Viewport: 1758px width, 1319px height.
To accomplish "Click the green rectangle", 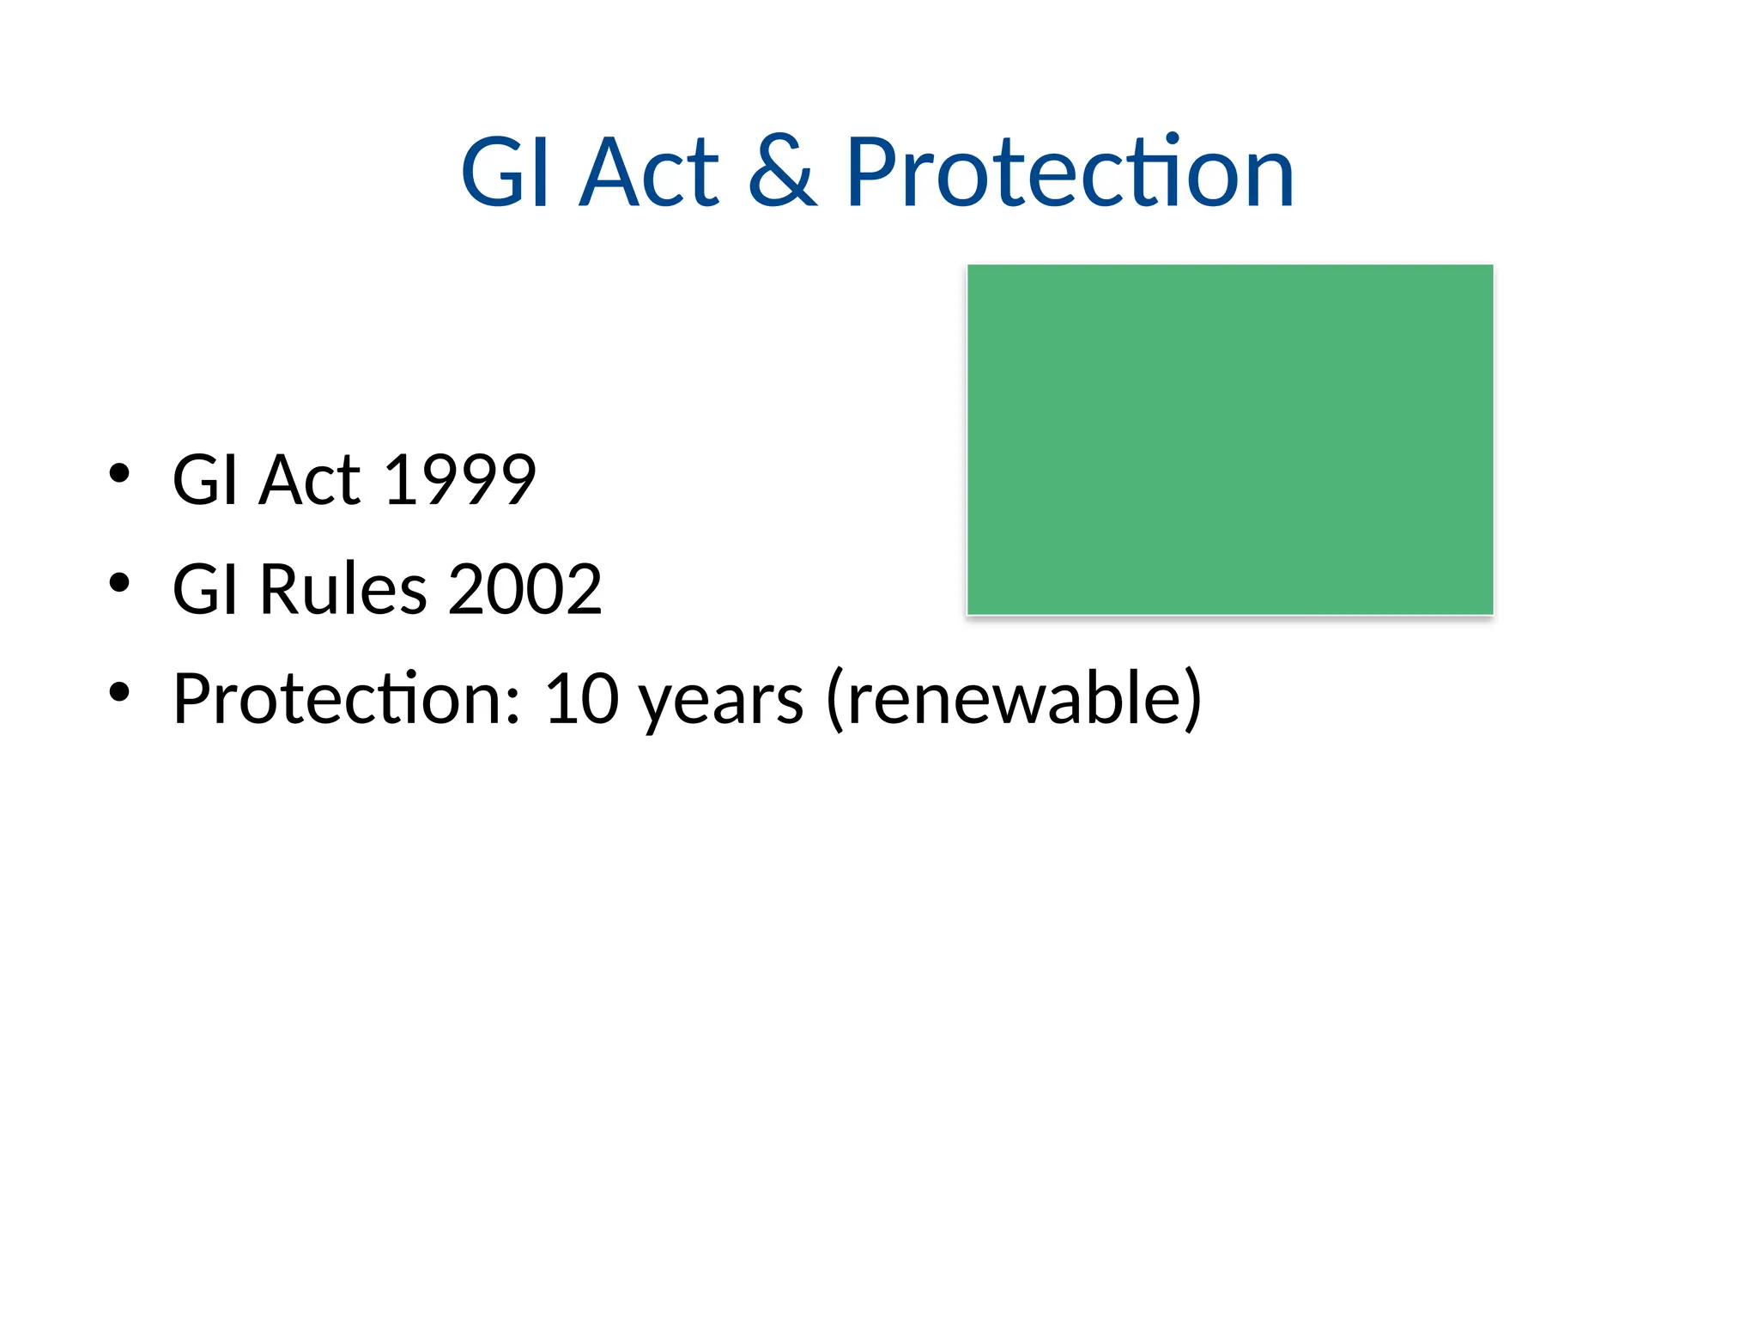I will point(1229,440).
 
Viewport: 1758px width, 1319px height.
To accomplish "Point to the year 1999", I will point(460,480).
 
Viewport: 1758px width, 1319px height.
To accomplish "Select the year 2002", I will point(524,590).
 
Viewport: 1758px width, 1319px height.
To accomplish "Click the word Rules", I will point(343,590).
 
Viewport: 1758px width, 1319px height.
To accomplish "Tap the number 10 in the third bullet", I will point(581,699).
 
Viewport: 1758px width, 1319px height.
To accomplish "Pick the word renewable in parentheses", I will point(1013,699).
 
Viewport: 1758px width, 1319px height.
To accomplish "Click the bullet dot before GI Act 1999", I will point(119,473).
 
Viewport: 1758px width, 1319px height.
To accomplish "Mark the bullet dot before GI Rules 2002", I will point(119,583).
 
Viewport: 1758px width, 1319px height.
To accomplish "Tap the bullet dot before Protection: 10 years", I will point(119,692).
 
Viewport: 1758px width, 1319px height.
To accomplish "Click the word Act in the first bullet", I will point(310,480).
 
